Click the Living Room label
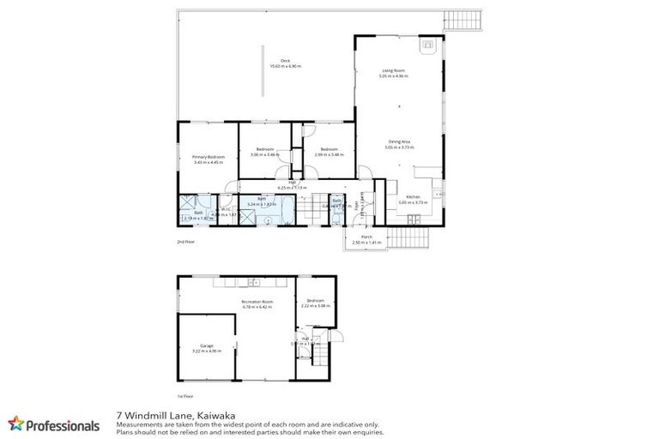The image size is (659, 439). (393, 70)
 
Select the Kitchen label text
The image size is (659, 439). (413, 197)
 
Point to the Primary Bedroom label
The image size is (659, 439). (208, 157)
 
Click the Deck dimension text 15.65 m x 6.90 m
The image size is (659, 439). (286, 66)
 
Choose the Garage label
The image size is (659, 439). (206, 346)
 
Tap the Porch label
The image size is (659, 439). (366, 237)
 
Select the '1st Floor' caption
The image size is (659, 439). (185, 396)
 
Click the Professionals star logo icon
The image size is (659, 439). (16, 424)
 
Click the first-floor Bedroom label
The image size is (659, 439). (316, 301)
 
